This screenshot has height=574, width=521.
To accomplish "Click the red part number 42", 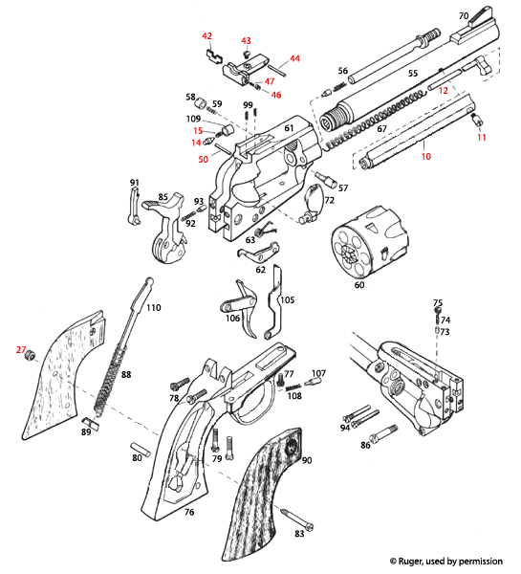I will [206, 35].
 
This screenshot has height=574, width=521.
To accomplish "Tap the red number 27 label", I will [20, 350].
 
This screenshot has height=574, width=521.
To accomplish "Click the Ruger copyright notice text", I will [445, 561].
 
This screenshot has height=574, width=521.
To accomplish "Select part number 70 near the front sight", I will [464, 16].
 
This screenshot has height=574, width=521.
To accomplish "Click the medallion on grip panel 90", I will [291, 445].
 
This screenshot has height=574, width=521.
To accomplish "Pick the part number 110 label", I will [153, 307].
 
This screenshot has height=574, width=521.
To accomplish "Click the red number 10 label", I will [426, 155].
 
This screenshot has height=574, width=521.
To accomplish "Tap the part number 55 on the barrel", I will [413, 73].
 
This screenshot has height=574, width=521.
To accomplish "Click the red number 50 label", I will [203, 159].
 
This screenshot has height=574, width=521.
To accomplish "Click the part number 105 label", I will [288, 299].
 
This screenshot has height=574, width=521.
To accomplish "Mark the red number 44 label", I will [294, 59].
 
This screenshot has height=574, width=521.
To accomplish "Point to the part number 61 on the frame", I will [289, 127].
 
